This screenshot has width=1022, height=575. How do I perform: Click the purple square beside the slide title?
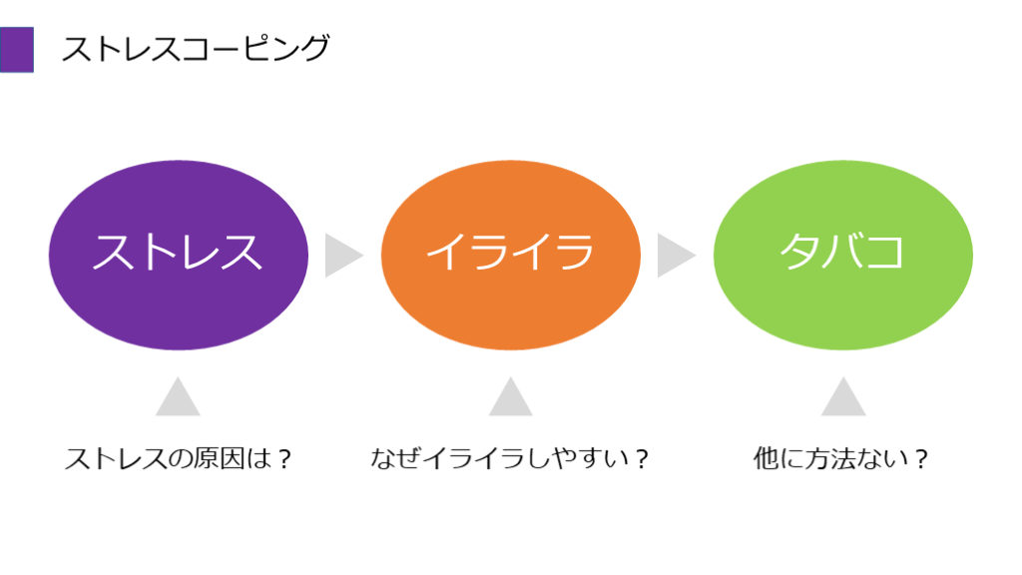[17, 49]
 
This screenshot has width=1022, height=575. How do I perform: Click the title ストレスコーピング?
[195, 49]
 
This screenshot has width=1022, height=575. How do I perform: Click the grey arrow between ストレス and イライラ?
[341, 256]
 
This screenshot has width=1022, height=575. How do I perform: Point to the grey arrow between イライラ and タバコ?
[674, 256]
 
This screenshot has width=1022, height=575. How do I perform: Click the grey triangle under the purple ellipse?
[178, 399]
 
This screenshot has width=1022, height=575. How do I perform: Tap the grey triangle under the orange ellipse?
[510, 399]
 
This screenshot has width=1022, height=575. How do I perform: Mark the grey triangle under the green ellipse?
[843, 399]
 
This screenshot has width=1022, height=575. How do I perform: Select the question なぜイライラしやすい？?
[510, 459]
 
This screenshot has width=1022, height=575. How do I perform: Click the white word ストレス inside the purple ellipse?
[178, 252]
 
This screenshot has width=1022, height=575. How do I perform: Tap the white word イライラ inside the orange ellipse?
[510, 252]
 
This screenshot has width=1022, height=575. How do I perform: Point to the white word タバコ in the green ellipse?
[843, 252]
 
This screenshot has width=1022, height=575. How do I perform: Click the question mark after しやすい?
[642, 459]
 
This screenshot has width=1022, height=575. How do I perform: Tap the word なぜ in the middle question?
[391, 459]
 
